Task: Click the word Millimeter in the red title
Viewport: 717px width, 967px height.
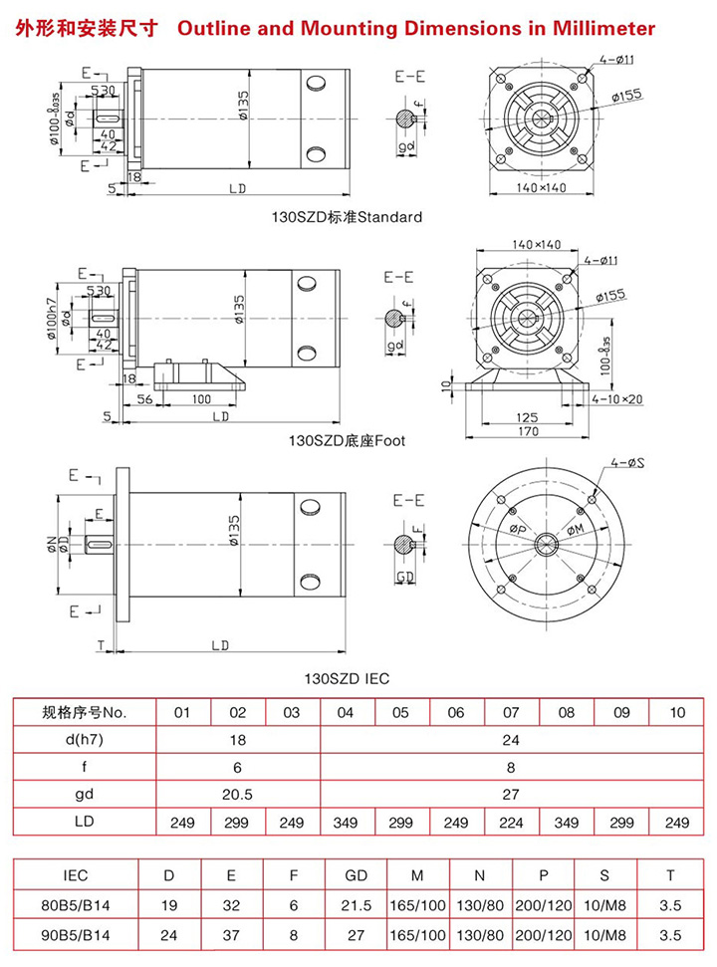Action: [603, 28]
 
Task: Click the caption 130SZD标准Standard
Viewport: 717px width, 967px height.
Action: [348, 216]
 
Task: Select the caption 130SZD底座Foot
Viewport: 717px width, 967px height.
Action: [347, 439]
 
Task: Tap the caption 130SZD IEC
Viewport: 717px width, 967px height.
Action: [347, 679]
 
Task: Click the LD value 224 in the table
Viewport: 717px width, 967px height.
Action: [511, 823]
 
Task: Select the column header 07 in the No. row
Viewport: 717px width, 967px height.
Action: [511, 713]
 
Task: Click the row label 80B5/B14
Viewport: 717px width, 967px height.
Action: [76, 905]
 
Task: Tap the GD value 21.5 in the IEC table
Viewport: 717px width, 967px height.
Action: [356, 905]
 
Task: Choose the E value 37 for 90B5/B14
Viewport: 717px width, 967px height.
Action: [231, 935]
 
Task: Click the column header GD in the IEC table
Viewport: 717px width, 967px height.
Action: [356, 875]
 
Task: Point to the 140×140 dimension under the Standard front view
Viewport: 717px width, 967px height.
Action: [541, 188]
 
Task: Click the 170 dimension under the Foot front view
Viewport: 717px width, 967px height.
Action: [528, 431]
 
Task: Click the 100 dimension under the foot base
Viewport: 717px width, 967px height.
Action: [202, 398]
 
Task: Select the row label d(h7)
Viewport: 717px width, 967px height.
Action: [76, 740]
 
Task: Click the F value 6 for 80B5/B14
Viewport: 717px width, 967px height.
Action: [294, 905]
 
